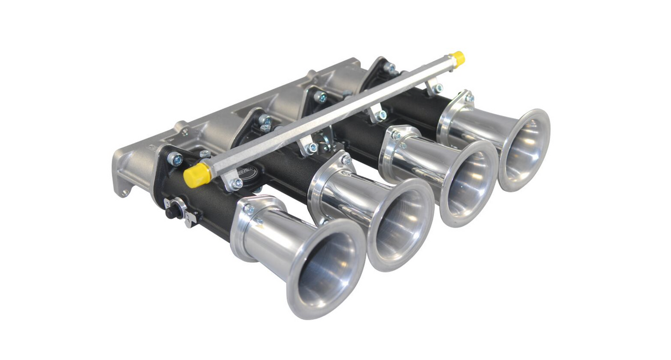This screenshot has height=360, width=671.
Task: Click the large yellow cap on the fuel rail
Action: tap(197, 174)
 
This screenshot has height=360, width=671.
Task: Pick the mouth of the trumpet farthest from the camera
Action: tap(525, 149)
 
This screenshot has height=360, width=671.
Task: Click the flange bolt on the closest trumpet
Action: tap(249, 209)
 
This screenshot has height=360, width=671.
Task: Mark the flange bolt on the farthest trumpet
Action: tap(469, 98)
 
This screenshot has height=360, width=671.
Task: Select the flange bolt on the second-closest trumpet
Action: tap(347, 160)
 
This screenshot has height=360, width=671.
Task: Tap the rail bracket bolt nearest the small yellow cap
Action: tap(437, 88)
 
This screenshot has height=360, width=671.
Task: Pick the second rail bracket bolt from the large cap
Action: tap(313, 148)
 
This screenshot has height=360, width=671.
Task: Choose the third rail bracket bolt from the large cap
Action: tap(381, 115)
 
